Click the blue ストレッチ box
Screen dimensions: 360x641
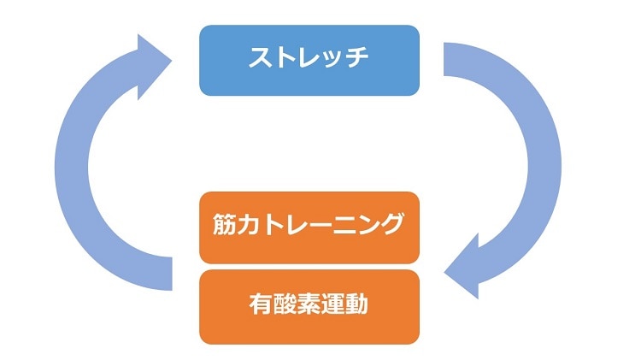[309, 60]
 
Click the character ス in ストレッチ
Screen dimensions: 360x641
[261, 59]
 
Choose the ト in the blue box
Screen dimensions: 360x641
[285, 59]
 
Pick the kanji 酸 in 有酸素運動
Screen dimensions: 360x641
[285, 304]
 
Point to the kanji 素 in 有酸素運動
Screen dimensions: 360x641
[309, 304]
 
